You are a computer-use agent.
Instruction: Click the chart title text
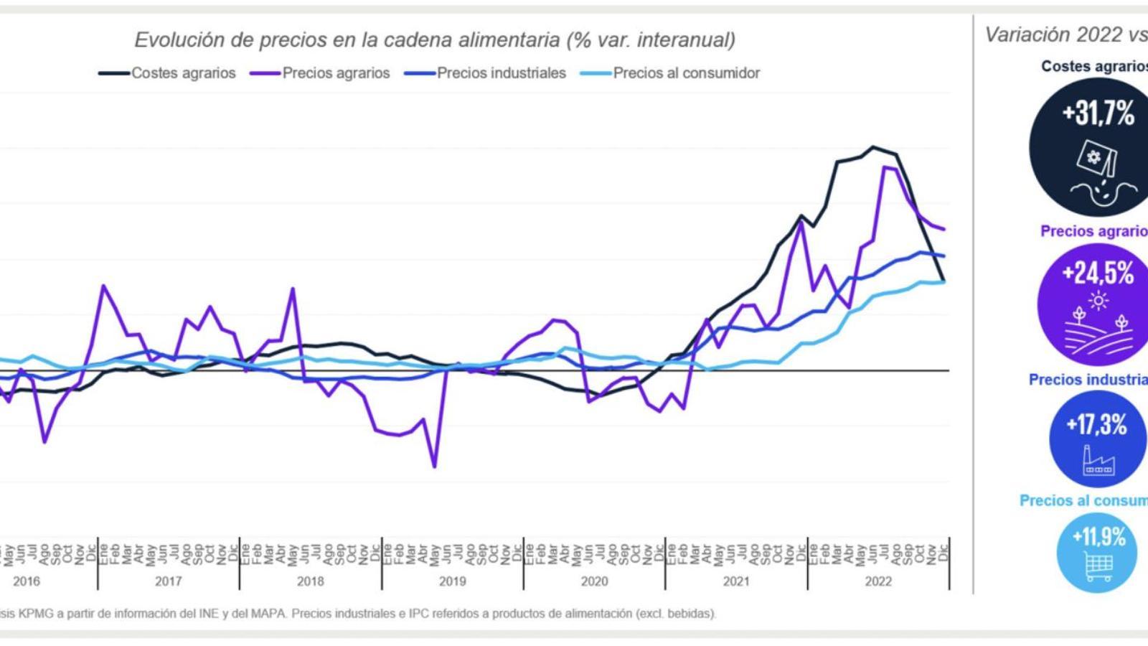pyautogui.click(x=435, y=39)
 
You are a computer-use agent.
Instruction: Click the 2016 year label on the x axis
pyautogui.click(x=27, y=581)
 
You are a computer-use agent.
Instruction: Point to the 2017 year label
pyautogui.click(x=168, y=581)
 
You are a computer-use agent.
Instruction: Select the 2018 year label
pyautogui.click(x=310, y=581)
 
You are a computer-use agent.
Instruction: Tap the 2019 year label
pyautogui.click(x=452, y=581)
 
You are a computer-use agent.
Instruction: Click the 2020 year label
pyautogui.click(x=594, y=581)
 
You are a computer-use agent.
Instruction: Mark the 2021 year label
pyautogui.click(x=736, y=581)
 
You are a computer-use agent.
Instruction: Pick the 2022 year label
pyautogui.click(x=878, y=581)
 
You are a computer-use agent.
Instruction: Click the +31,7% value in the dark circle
pyautogui.click(x=1098, y=113)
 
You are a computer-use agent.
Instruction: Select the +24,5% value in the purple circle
pyautogui.click(x=1098, y=273)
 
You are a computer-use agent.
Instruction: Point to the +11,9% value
pyautogui.click(x=1098, y=536)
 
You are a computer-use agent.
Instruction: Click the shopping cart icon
pyautogui.click(x=1098, y=568)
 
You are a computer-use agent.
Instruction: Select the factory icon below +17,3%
pyautogui.click(x=1098, y=461)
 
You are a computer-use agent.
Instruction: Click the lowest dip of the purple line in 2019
pyautogui.click(x=434, y=467)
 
